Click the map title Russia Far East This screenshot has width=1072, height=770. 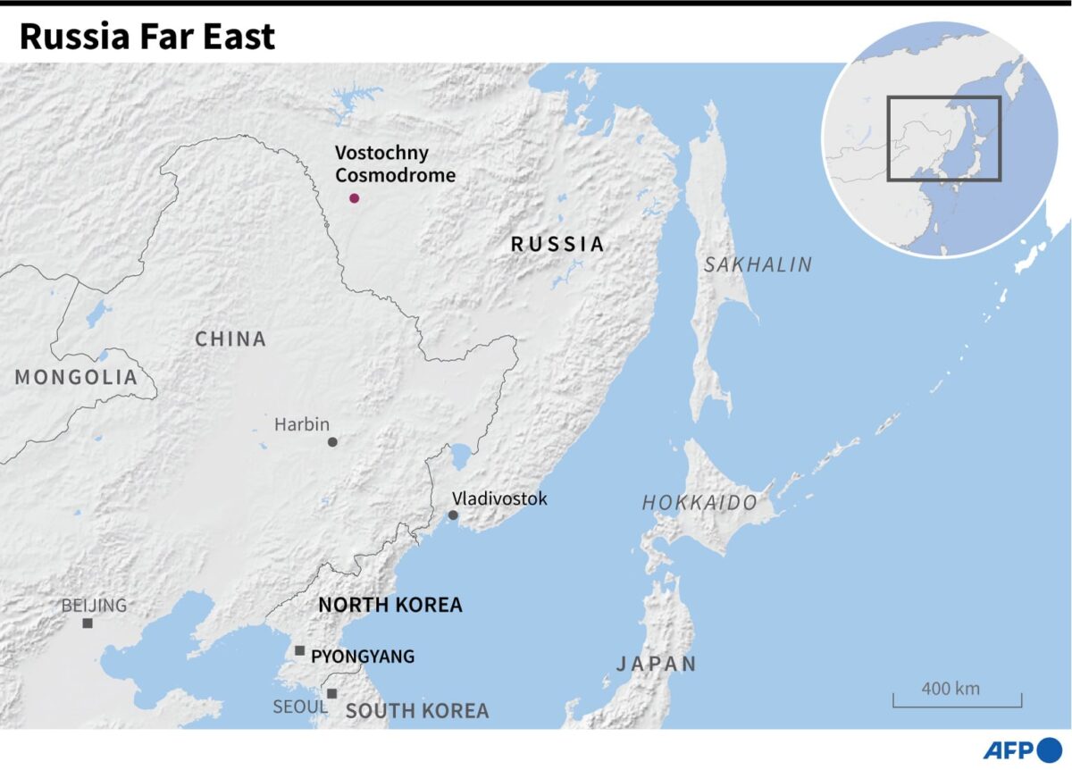pyautogui.click(x=147, y=37)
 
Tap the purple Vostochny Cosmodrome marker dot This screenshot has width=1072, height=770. pyautogui.click(x=354, y=198)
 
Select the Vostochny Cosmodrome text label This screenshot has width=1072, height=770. pyautogui.click(x=395, y=164)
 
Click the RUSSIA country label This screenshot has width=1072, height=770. pyautogui.click(x=557, y=244)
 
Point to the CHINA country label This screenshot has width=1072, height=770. pyautogui.click(x=230, y=339)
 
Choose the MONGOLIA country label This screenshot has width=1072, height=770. pyautogui.click(x=76, y=378)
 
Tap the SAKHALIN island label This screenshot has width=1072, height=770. pyautogui.click(x=758, y=264)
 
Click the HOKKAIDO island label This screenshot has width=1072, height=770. pyautogui.click(x=699, y=503)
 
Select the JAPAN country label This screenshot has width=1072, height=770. pyautogui.click(x=656, y=664)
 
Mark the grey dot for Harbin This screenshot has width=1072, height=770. pyautogui.click(x=332, y=442)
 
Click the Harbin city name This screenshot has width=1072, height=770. pyautogui.click(x=302, y=424)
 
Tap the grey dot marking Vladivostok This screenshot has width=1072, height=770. pyautogui.click(x=453, y=515)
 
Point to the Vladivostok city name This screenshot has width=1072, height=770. pyautogui.click(x=499, y=498)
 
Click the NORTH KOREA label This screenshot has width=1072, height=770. pyautogui.click(x=390, y=605)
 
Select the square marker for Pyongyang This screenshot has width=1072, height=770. pyautogui.click(x=299, y=650)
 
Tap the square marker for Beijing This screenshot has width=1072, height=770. pyautogui.click(x=88, y=624)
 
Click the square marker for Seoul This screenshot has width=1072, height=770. pyautogui.click(x=331, y=693)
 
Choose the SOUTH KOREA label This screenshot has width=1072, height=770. pyautogui.click(x=417, y=711)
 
